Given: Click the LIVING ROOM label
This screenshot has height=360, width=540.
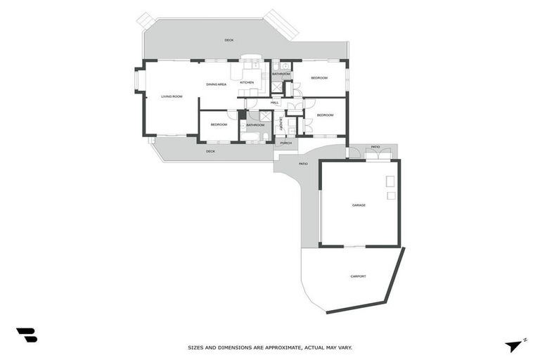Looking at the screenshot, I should coord(172,96).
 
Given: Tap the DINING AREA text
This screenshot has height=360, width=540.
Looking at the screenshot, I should coord(216,84).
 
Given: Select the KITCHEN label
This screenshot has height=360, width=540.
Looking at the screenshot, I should coord(247,83).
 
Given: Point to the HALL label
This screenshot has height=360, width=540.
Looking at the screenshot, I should coord(274,103).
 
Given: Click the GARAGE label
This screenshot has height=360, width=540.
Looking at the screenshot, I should coord(359,205).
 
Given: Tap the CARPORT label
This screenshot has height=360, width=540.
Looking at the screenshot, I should coord(358,276).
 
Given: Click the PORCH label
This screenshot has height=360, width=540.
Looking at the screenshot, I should coord(285,143).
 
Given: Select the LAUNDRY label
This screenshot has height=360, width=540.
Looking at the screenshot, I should coord(280,124).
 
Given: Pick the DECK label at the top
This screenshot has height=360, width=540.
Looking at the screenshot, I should coord(229,40).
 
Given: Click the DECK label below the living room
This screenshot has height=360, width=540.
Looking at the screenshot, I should coord(210,151).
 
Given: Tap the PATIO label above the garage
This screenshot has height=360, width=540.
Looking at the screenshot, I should coord(375,147).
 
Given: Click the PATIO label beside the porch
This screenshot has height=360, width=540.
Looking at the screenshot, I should coord(303,164).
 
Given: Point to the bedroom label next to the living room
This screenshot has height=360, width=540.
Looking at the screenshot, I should coord(219,124).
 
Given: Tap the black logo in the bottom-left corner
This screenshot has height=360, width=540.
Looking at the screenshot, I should coord(26,335).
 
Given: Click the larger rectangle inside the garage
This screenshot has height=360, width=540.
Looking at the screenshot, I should coord(390,181).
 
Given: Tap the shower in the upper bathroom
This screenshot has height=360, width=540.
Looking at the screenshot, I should coord(277,87).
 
